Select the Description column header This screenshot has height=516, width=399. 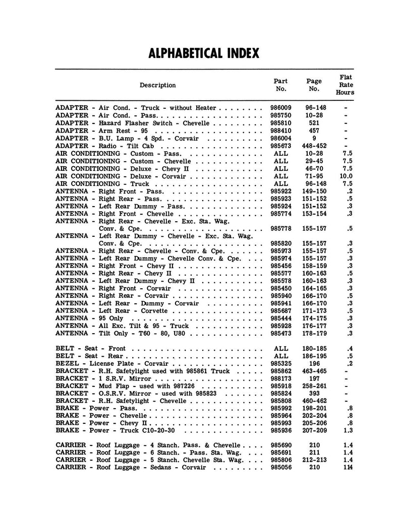pos(157,85)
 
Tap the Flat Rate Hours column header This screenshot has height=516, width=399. pos(346,85)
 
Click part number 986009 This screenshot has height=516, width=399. pos(280,108)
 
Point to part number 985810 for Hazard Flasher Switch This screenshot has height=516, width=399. pos(280,123)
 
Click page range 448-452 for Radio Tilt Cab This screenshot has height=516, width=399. pos(314,146)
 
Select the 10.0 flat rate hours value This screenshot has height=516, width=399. pos(347,176)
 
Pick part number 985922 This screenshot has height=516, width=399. pos(280,191)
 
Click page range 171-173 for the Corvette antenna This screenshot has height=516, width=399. pos(314,311)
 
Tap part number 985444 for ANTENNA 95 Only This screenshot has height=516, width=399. pos(280,318)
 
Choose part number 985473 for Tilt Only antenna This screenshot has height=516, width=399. pos(280,334)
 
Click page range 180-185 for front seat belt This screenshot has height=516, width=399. pos(314,348)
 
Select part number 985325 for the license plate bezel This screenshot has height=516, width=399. pos(280,363)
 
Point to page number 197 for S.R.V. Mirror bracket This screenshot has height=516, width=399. pos(314,378)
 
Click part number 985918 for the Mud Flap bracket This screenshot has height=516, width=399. pos(280,385)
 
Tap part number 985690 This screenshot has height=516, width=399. pos(280,445)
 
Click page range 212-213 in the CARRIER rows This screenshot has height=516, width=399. pos(314,461)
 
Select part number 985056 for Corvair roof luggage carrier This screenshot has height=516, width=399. pos(280,468)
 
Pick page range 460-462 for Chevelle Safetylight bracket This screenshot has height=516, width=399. pos(314,401)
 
